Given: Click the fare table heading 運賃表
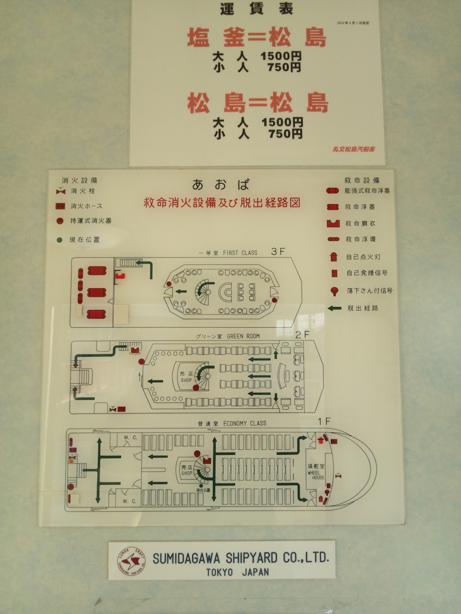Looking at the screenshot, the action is click(x=256, y=8).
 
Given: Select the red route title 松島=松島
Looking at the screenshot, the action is click(x=257, y=103).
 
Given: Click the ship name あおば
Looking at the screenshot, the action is click(x=221, y=185).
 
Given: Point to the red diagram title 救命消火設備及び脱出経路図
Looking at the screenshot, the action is click(x=222, y=203).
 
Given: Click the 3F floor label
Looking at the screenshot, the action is click(x=278, y=252).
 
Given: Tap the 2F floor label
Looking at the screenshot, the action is click(x=302, y=335).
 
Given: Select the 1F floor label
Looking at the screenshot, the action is click(x=324, y=421).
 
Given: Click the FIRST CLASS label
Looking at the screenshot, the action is click(x=240, y=253).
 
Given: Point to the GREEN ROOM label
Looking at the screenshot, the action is click(x=243, y=336).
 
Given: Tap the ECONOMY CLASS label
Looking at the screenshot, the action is click(x=244, y=423).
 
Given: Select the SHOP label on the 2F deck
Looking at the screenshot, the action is click(x=186, y=377).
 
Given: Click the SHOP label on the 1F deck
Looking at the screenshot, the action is click(x=187, y=470).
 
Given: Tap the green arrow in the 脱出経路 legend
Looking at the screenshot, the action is click(x=334, y=308).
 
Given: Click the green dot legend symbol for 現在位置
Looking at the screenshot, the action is click(x=60, y=240).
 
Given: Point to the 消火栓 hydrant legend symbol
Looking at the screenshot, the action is click(x=61, y=191).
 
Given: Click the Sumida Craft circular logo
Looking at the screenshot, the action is click(x=131, y=561).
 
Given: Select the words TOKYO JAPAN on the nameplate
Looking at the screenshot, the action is click(x=237, y=572).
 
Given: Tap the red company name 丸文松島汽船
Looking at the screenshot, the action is click(x=353, y=149).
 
